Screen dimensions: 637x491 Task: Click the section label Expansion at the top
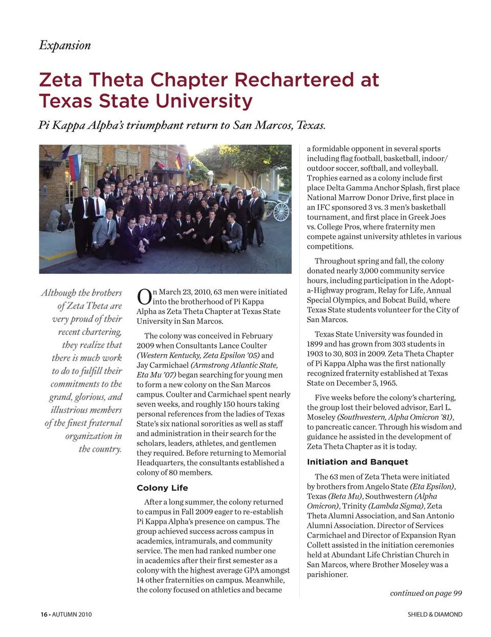click(x=65, y=45)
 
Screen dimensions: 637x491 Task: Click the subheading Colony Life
click(x=162, y=488)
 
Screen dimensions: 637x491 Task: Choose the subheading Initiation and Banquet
click(x=357, y=462)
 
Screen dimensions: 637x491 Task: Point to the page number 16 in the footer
click(x=44, y=615)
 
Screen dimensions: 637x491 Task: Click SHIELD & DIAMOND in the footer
click(x=435, y=615)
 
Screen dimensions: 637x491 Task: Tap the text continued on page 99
click(x=426, y=593)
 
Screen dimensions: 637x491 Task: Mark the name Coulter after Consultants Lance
click(x=254, y=346)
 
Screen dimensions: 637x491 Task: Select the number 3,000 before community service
click(x=370, y=271)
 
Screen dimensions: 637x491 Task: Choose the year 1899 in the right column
click(x=315, y=344)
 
